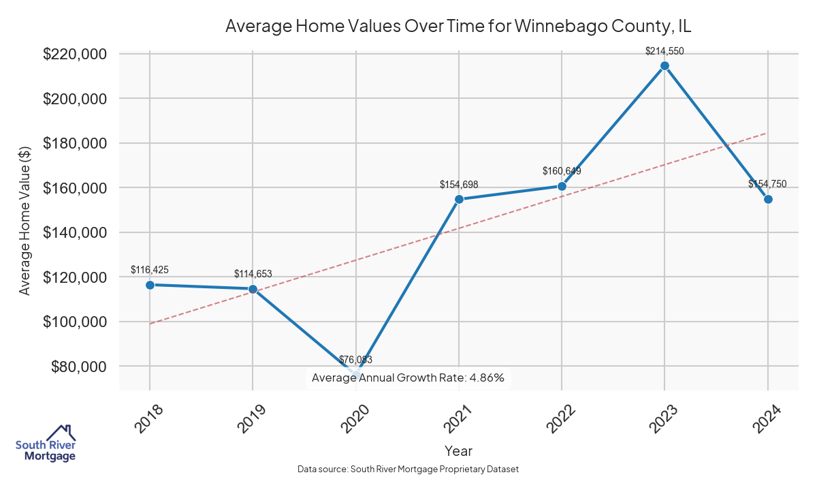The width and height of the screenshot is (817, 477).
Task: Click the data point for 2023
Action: (664, 65)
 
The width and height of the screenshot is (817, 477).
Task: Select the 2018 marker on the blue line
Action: (150, 285)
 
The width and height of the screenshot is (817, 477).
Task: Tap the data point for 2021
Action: (459, 199)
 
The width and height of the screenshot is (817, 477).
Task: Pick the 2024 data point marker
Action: (768, 199)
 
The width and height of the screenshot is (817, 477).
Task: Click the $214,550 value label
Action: (664, 50)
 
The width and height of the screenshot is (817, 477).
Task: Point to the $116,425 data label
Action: (150, 270)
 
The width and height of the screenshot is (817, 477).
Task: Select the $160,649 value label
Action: (562, 171)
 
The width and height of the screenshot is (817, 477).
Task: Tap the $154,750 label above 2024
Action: (767, 184)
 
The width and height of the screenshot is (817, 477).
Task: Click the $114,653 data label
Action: (253, 274)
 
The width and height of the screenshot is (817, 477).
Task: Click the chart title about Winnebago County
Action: (458, 27)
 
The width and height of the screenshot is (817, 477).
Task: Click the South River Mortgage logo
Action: (46, 444)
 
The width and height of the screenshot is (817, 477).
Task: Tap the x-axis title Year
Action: (458, 450)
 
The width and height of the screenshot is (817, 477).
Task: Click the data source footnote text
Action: (408, 469)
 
